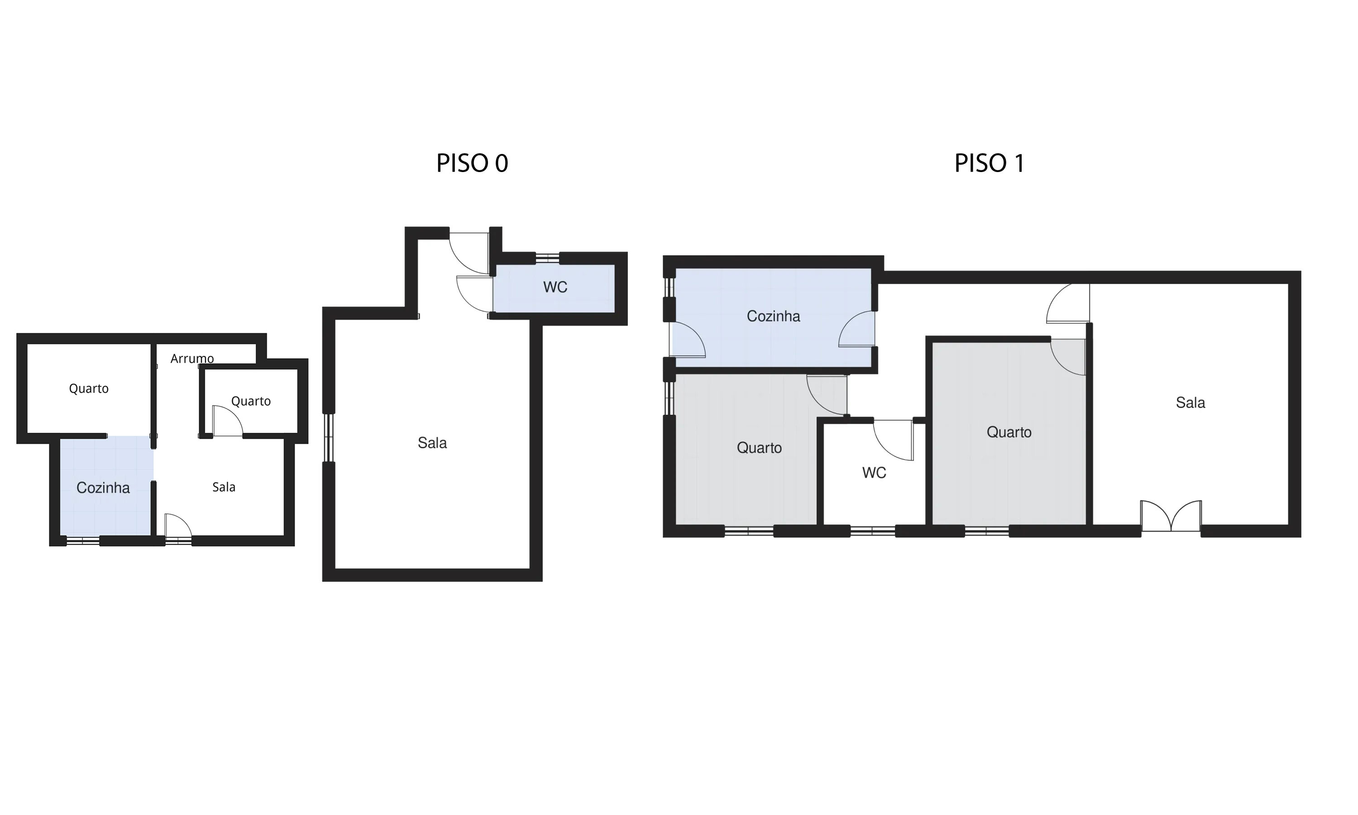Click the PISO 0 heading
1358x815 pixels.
(472, 163)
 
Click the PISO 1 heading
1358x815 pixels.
(989, 163)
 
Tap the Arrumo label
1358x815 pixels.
(191, 359)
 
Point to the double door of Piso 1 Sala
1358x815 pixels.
(1171, 517)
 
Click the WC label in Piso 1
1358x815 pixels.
(874, 473)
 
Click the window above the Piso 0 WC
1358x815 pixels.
(547, 258)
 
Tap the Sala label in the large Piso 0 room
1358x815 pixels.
(432, 443)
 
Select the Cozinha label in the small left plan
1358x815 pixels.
(103, 488)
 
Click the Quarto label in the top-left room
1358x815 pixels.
(88, 389)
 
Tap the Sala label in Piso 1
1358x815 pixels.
(1190, 403)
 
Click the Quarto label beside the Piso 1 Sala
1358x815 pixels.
(1009, 432)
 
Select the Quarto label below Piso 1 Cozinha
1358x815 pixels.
(759, 448)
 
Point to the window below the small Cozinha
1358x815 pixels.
(82, 541)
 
